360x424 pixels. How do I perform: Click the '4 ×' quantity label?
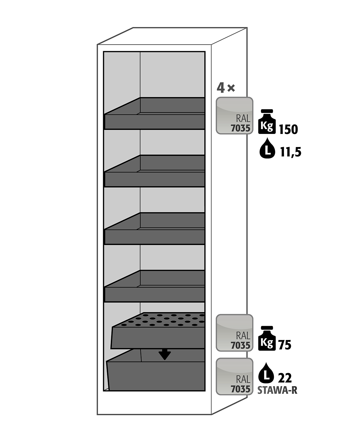click(x=226, y=88)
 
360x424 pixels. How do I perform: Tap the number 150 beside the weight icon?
click(x=288, y=129)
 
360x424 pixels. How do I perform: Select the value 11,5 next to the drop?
click(x=290, y=152)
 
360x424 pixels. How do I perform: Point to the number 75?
click(x=285, y=345)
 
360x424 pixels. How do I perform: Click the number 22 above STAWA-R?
click(x=285, y=378)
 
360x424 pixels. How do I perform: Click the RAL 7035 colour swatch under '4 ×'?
click(x=234, y=115)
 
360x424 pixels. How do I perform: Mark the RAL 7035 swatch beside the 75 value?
click(x=234, y=333)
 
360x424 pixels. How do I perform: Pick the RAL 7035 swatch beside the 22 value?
click(x=234, y=376)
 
